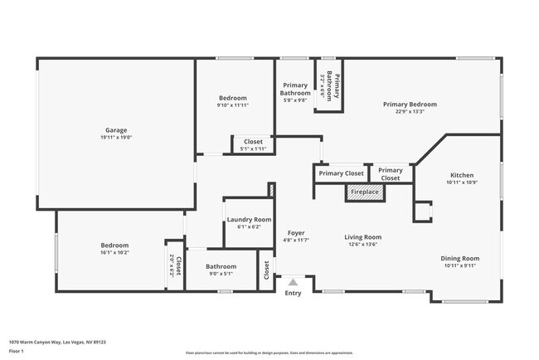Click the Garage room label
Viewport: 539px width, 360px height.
[x=116, y=130]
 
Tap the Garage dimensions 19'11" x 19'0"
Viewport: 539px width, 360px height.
[x=116, y=139]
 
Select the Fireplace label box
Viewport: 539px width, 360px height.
[x=365, y=192]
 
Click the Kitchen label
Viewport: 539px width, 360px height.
[x=462, y=175]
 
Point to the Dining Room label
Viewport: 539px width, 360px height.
[x=459, y=258]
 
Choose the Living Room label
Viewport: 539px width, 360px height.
[x=362, y=237]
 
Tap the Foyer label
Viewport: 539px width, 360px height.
[x=296, y=233]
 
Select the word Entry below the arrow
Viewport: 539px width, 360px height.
[x=294, y=293]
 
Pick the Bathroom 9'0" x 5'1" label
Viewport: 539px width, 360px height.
[x=221, y=266]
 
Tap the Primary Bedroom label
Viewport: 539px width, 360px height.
[x=410, y=105]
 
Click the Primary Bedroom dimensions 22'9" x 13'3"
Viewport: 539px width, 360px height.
[x=410, y=113]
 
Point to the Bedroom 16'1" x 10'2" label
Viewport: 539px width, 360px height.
[x=114, y=246]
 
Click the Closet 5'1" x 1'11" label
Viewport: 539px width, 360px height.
[x=252, y=142]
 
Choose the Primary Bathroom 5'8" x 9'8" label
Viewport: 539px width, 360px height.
[x=295, y=89]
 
